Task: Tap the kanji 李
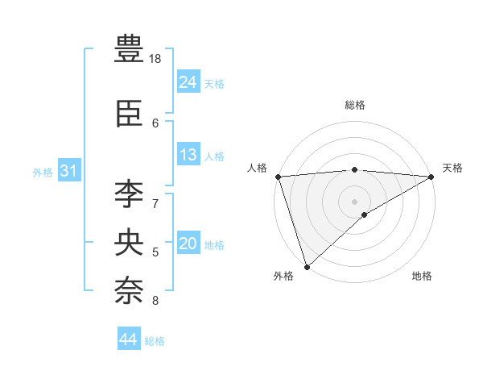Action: [x=129, y=194]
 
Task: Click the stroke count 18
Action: [x=155, y=59]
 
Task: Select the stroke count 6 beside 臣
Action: [x=155, y=123]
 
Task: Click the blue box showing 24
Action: [x=188, y=82]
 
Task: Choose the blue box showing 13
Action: [x=188, y=155]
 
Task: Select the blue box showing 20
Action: [x=188, y=244]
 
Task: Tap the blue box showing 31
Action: [x=68, y=171]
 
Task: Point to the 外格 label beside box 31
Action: [x=43, y=173]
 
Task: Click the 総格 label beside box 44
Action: [x=155, y=341]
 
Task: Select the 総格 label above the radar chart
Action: [x=355, y=105]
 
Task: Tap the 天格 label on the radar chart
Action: [x=452, y=168]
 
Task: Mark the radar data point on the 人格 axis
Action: [x=278, y=177]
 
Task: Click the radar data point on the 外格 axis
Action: [x=307, y=266]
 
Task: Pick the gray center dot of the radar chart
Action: [x=354, y=201]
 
